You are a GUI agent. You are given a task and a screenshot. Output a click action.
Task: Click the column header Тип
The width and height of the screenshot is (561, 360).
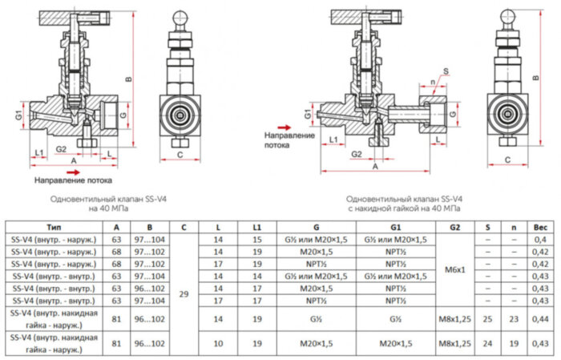coord(54,228)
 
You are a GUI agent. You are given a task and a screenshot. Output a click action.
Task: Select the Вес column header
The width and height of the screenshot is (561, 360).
coord(540,228)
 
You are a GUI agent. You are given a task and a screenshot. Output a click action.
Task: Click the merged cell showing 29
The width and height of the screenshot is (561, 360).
coord(184,293)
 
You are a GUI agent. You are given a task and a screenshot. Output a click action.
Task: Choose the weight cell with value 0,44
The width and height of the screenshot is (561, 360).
coord(540,318)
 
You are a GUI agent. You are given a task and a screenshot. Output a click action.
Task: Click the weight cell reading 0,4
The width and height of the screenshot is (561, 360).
coord(540,240)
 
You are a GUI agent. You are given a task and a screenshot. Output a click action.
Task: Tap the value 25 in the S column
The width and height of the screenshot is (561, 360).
coord(487,318)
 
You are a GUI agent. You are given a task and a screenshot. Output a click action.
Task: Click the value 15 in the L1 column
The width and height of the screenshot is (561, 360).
coord(256,240)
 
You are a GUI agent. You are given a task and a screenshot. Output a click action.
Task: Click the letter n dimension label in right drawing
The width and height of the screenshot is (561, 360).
coord(434,81)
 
